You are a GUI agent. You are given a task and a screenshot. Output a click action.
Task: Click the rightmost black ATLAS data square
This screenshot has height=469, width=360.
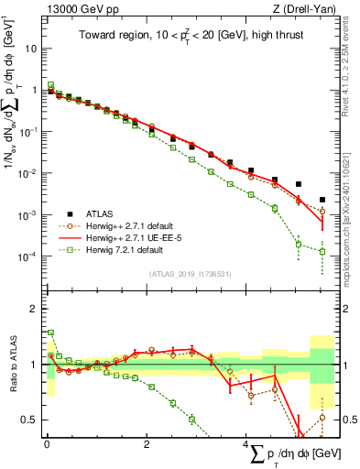click(322, 200)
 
